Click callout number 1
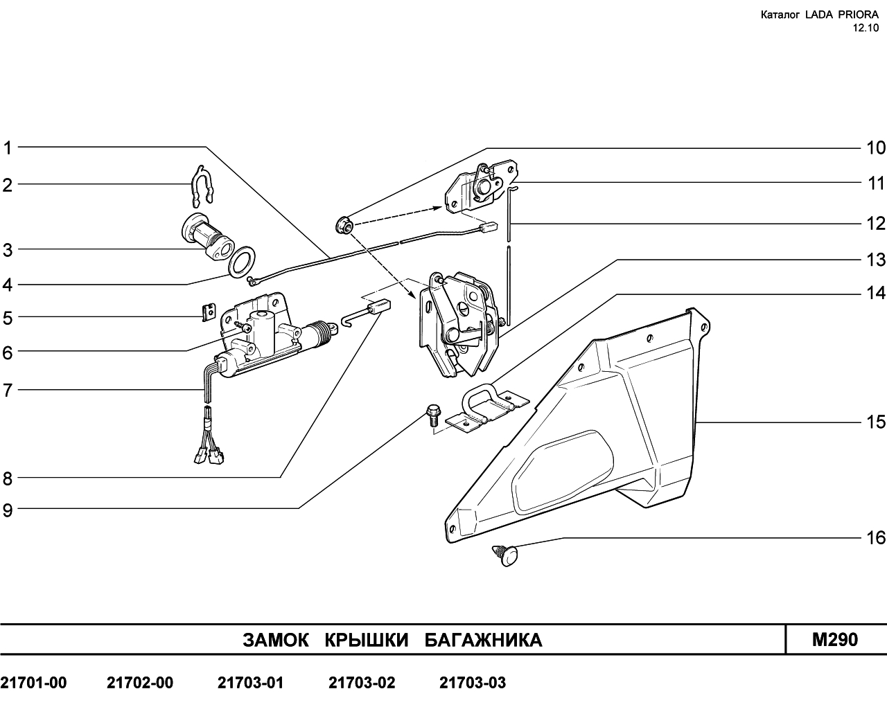click(8, 148)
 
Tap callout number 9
click(8, 510)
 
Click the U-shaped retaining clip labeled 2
click(202, 186)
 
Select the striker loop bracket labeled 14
click(487, 408)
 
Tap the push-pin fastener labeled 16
click(506, 555)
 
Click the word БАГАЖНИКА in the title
click(484, 640)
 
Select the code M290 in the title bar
click(835, 639)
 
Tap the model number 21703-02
click(362, 683)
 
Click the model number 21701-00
click(33, 683)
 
